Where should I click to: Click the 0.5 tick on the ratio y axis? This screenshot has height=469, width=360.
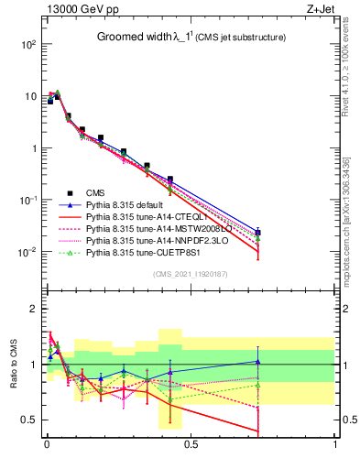[x=27, y=420]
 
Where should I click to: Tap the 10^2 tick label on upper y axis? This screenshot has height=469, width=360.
[x=27, y=44]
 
